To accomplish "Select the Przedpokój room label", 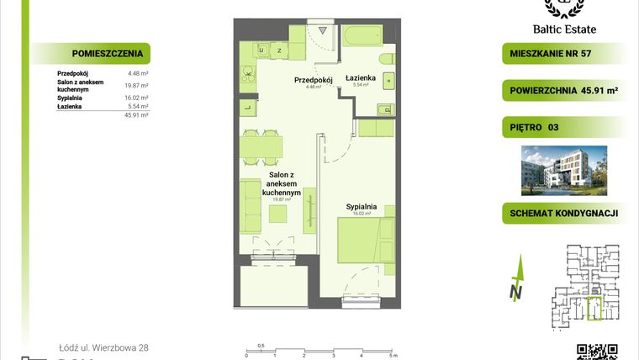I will (x=314, y=80).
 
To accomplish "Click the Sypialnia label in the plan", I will (x=360, y=205).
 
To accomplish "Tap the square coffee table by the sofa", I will (x=277, y=214).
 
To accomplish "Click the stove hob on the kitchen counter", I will (x=249, y=77).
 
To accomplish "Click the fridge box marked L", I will (x=248, y=107).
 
